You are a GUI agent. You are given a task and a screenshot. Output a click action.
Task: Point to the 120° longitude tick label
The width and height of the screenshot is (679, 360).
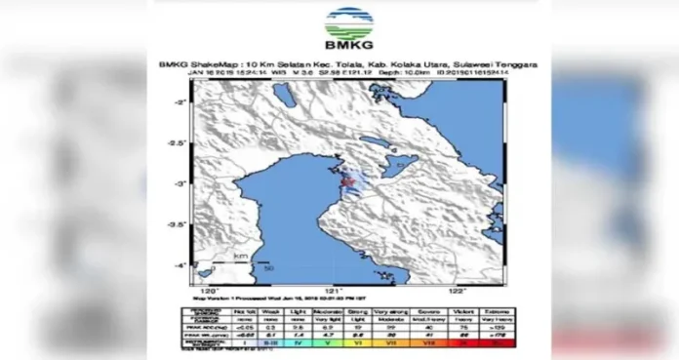(x=207, y=290)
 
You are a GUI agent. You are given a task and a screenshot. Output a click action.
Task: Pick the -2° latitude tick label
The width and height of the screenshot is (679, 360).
(x=180, y=100)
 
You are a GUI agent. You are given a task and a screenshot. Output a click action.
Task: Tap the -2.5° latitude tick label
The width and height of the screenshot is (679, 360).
(x=178, y=142)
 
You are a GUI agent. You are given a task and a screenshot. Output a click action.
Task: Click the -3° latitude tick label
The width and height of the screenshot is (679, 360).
(x=180, y=183)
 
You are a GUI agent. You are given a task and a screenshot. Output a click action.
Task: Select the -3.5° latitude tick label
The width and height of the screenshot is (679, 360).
(x=178, y=224)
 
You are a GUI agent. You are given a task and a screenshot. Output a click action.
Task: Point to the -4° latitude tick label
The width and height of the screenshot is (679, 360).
(x=180, y=265)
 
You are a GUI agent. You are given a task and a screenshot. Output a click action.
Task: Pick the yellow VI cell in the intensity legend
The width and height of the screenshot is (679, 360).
(x=361, y=343)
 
